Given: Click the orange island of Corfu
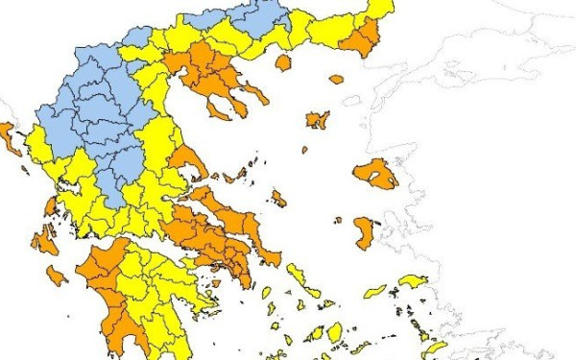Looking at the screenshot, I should point(12,139).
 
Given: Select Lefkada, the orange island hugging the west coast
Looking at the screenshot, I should point(49,205).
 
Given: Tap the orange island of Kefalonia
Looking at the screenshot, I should point(44,240).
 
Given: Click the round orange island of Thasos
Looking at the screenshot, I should point(283,62).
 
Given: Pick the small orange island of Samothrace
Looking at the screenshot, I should point(336,80).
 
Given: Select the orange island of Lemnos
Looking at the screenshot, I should point(318,120).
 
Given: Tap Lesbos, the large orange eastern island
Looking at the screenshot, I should point(375,174).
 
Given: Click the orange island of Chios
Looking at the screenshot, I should point(365,233).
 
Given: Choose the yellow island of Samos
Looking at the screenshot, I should point(414,280).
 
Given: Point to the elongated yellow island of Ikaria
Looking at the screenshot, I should point(375,290).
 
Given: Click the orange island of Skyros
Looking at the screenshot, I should point(278,199).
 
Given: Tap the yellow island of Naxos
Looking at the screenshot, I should point(335,332).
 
